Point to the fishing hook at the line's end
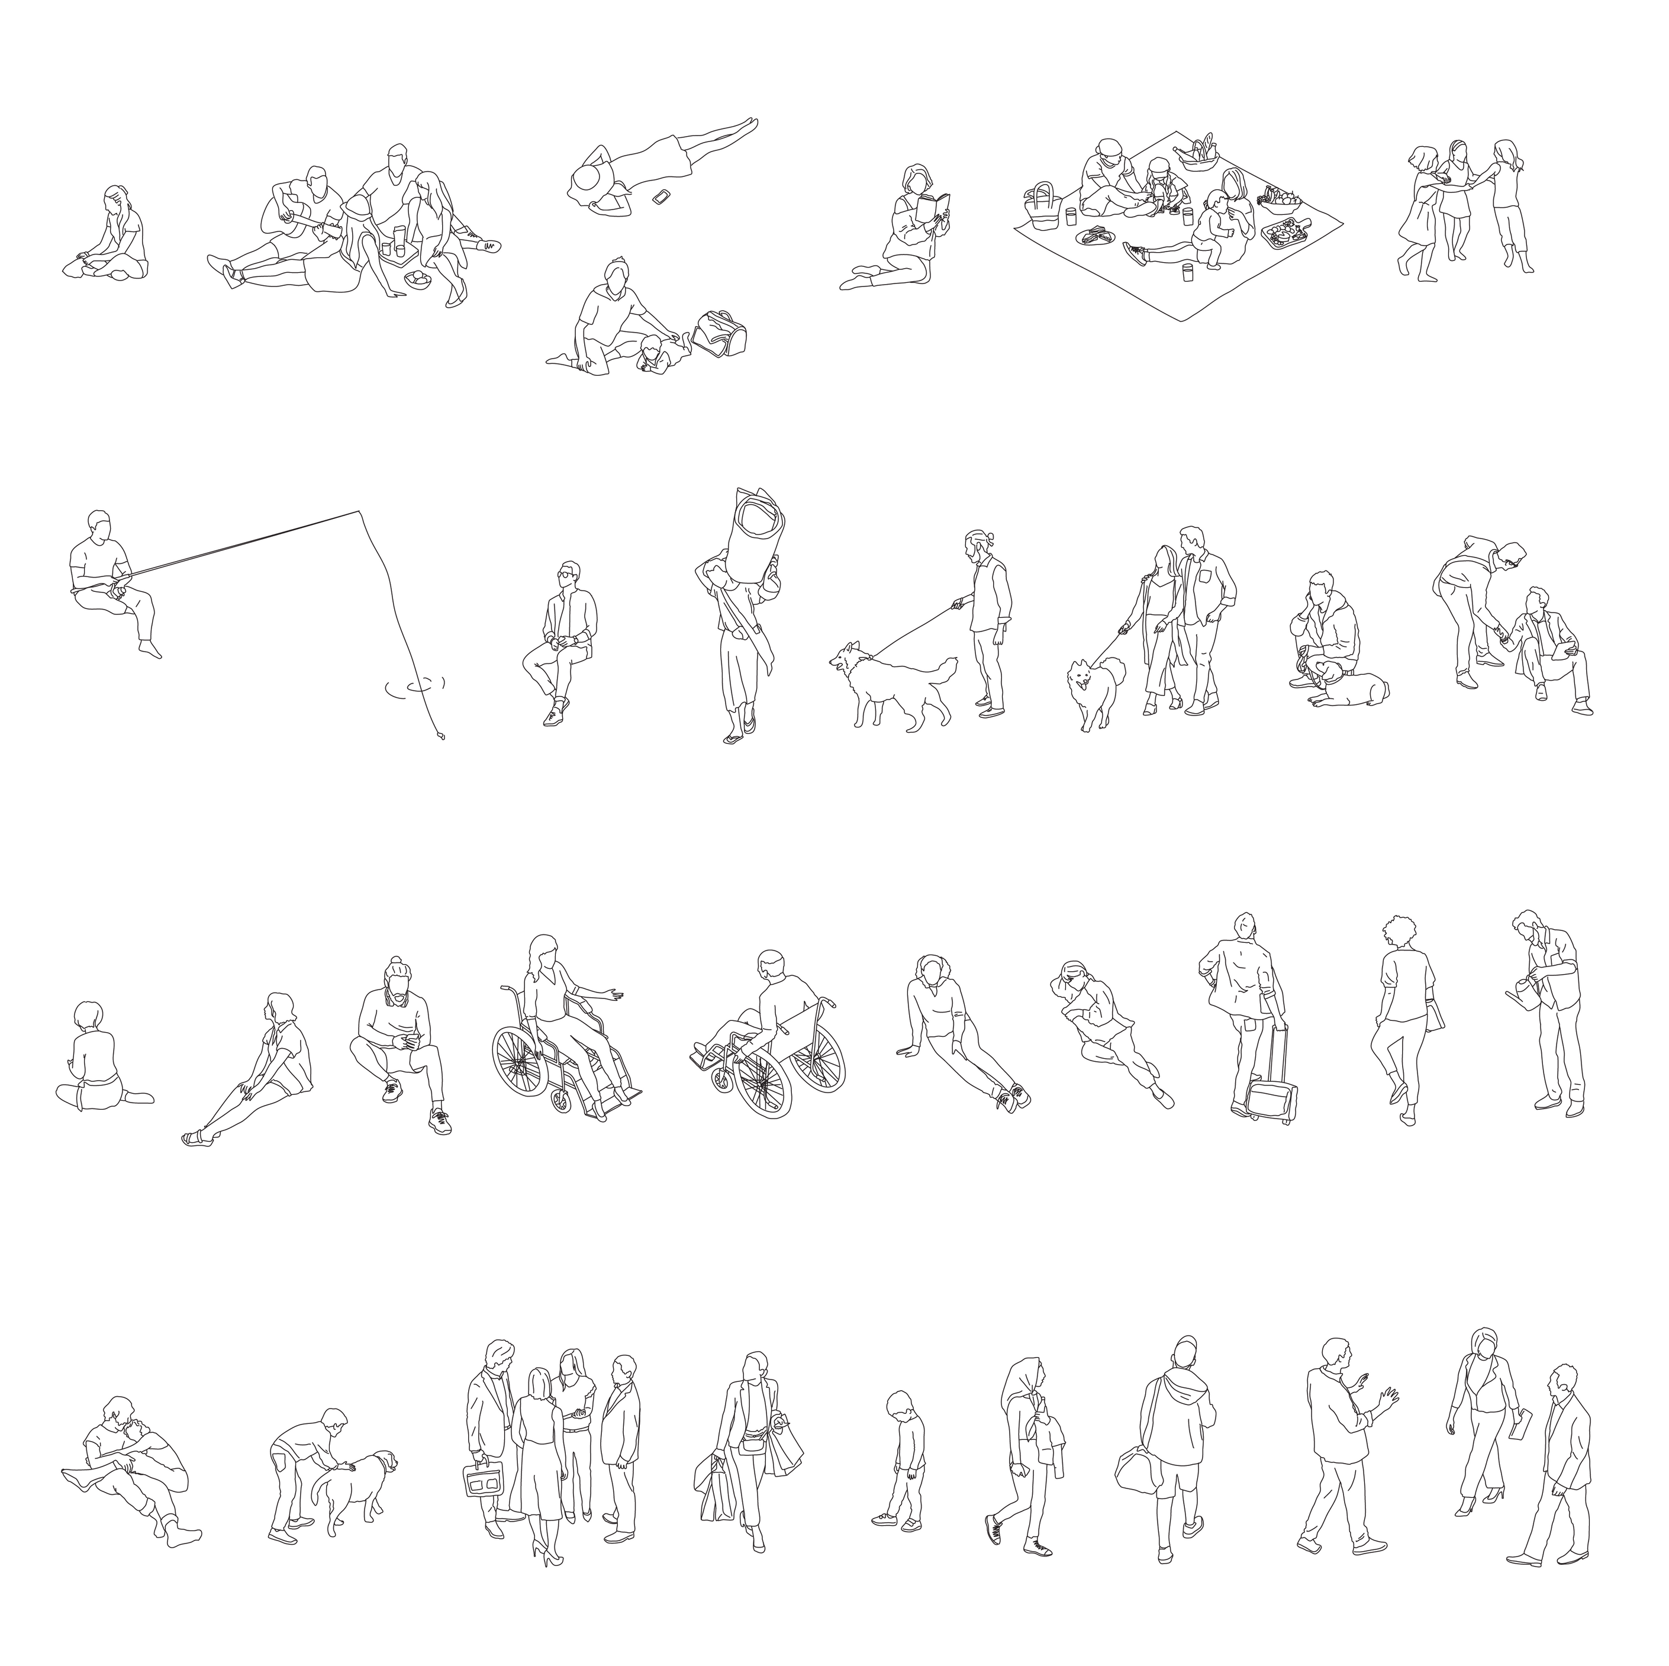442,737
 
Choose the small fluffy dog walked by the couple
1094,683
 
